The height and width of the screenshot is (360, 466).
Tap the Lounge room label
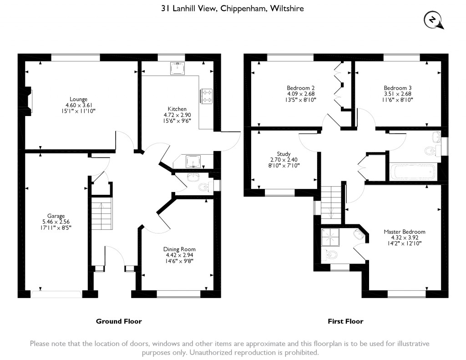click(78, 99)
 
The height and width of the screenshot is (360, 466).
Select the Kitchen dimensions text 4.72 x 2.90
click(177, 115)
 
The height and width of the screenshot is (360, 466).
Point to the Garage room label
click(56, 216)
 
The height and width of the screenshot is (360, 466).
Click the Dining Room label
click(179, 249)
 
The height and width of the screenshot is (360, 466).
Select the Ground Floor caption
click(119, 321)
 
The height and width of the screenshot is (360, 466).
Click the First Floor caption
click(345, 321)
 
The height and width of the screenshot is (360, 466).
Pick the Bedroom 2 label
click(300, 88)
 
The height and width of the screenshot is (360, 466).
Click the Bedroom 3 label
click(398, 88)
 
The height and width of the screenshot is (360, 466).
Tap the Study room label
click(284, 154)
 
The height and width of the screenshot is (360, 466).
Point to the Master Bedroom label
click(405, 232)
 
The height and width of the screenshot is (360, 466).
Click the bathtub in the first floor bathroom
click(412, 172)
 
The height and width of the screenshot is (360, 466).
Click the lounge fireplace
click(28, 101)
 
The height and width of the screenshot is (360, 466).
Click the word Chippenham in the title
click(243, 8)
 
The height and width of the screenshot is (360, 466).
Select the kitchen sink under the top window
click(177, 68)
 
